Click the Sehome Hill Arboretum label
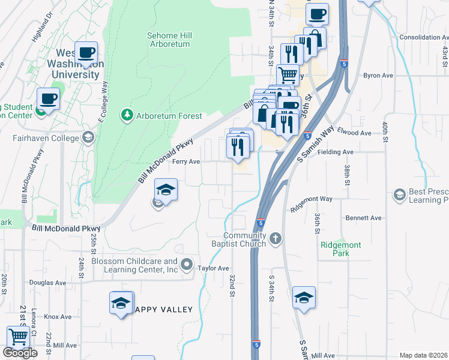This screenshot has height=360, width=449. tap(169, 40)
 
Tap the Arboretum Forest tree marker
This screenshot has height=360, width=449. tap(127, 115)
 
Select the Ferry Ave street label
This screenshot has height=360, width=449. tap(186, 161)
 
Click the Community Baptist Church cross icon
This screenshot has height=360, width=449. tap(276, 239)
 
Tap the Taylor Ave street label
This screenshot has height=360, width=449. tap(214, 268)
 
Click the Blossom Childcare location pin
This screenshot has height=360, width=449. tap(187, 265)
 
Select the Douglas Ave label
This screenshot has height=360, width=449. tap(47, 282)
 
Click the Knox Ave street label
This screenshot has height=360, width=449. tap(58, 316)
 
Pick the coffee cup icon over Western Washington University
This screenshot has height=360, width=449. tap(86, 53)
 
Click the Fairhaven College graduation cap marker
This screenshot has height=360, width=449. tap(88, 138)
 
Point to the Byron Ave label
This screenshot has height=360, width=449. tap(378, 76)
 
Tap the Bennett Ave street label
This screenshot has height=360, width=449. tap(364, 218)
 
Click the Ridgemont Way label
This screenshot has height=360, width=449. tap(311, 198)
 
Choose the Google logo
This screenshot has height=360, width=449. tap(20, 353)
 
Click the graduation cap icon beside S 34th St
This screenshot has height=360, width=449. tap(304, 297)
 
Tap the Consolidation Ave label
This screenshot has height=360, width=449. tap(424, 37)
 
